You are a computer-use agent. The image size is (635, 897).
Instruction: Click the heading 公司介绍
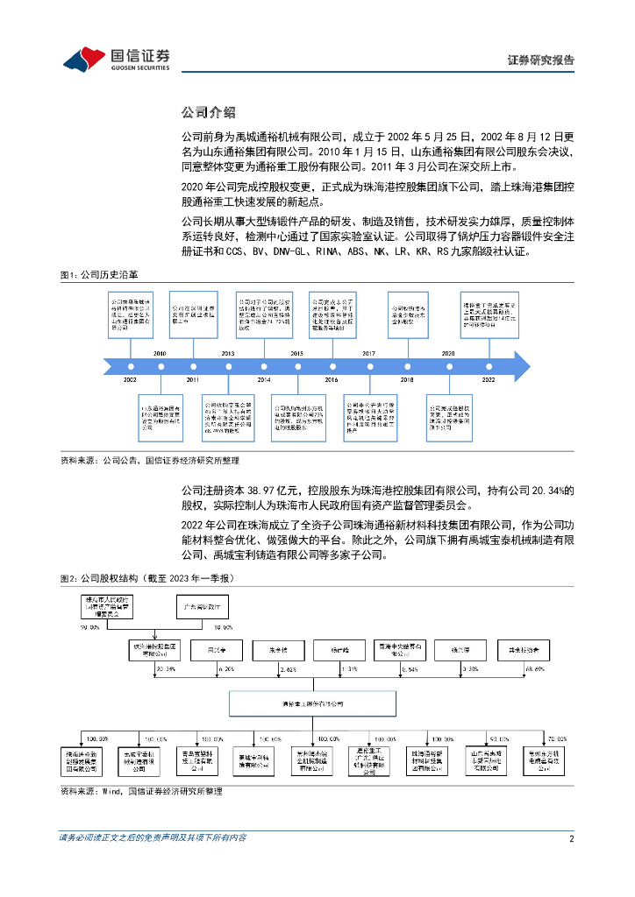click(207, 112)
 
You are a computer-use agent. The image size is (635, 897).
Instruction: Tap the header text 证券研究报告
click(541, 60)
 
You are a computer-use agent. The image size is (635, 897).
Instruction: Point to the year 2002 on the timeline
click(130, 379)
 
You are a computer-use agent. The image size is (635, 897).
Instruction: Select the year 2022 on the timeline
click(488, 379)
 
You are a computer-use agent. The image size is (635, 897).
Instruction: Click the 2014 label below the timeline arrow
click(264, 379)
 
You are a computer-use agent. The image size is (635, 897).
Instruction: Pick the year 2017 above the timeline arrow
click(368, 352)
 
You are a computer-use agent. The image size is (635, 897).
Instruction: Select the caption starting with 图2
click(146, 579)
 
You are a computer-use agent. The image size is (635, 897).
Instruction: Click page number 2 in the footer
click(571, 837)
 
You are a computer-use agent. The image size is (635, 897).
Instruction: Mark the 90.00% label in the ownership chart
click(89, 627)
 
